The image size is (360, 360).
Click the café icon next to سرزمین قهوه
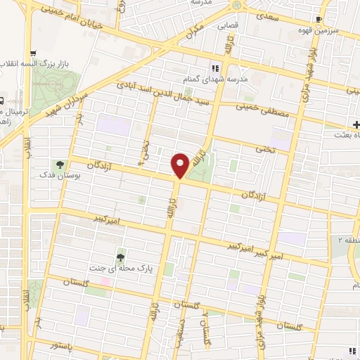(x=320, y=19)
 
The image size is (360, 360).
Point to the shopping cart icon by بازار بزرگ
(x=33, y=53)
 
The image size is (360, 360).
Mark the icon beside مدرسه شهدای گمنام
(x=216, y=69)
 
